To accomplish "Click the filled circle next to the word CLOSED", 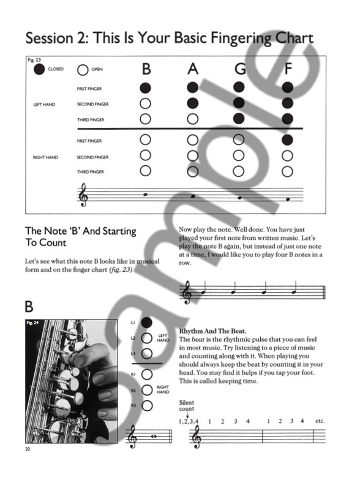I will [x=39, y=70].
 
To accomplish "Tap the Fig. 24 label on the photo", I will [x=32, y=321].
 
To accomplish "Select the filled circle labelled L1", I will [x=146, y=322].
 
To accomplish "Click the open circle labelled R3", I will [x=146, y=405].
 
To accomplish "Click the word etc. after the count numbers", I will [x=318, y=421].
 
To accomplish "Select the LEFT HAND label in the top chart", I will [x=44, y=104].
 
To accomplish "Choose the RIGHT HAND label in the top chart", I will [x=45, y=157].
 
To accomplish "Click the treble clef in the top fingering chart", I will [x=82, y=196].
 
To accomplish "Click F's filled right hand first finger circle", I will [x=288, y=141].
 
